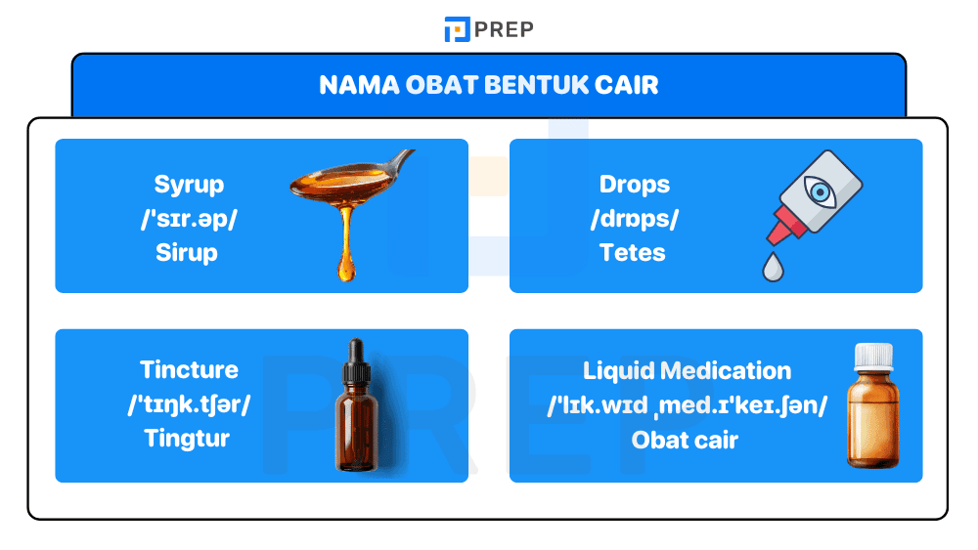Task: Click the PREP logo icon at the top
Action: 457,29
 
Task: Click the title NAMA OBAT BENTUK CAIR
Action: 489,85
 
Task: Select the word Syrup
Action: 189,185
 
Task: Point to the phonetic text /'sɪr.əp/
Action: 189,219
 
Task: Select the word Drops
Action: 635,185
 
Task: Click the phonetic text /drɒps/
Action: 635,219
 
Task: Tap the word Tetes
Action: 633,253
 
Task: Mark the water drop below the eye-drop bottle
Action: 773,266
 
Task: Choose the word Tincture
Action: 189,370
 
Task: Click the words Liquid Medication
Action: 688,371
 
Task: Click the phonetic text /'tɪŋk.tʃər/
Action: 189,404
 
